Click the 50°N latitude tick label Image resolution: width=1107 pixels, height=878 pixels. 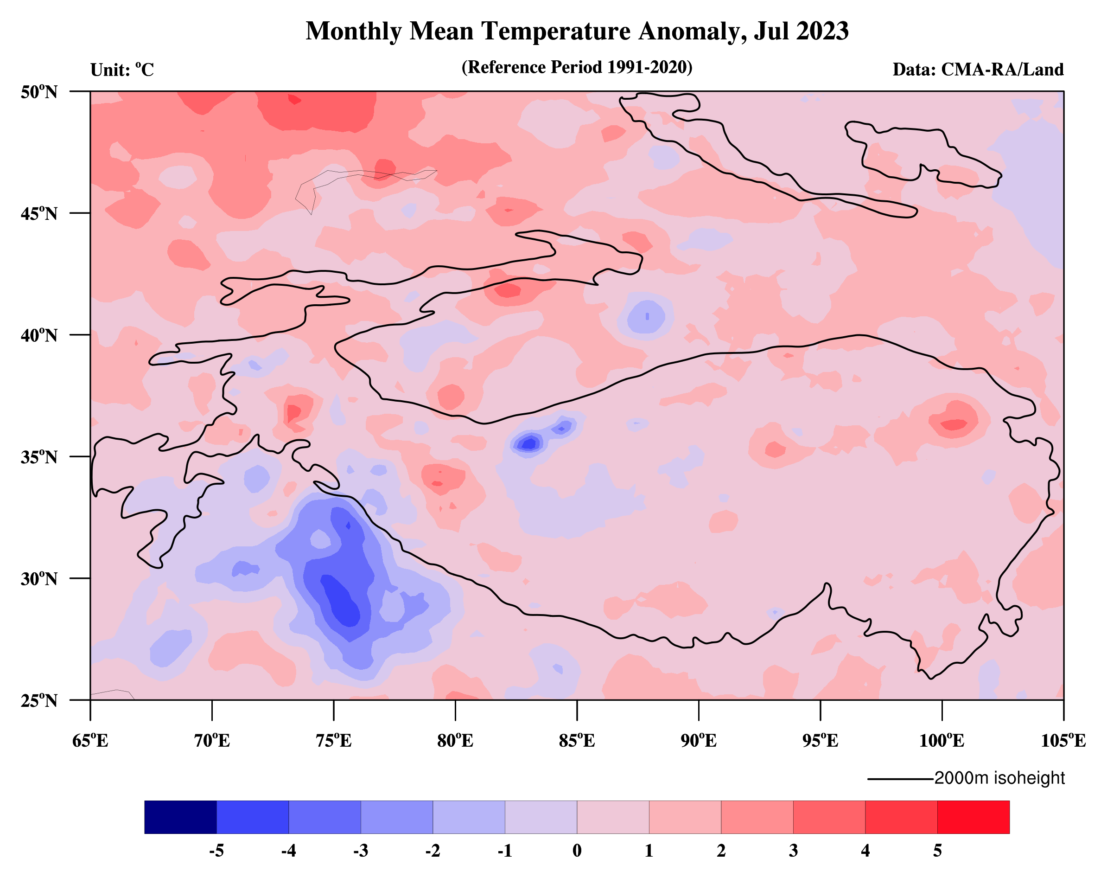[39, 92]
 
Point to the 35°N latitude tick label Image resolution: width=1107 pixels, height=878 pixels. [39, 457]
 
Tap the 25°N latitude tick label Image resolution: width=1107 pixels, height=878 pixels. [39, 700]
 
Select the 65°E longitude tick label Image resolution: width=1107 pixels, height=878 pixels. [90, 741]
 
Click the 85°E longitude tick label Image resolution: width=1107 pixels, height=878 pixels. [577, 741]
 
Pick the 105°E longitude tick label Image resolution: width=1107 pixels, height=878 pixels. [1063, 741]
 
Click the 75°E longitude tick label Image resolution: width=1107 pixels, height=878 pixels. [334, 741]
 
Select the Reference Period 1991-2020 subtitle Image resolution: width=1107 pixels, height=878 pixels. [577, 67]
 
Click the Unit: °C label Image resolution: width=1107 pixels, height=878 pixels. [122, 70]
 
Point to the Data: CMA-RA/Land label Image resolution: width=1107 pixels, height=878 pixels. [978, 70]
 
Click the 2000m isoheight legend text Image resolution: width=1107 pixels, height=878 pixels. [999, 778]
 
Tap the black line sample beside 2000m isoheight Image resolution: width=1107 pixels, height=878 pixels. [901, 779]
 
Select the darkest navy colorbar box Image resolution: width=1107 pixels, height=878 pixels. [181, 817]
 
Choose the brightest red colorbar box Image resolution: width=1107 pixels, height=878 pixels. [973, 817]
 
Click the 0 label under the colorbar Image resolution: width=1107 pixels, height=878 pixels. [577, 851]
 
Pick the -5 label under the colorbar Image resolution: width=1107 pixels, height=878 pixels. [216, 851]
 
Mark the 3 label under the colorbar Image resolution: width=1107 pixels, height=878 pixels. [793, 851]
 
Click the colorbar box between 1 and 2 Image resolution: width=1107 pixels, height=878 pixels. [685, 817]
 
